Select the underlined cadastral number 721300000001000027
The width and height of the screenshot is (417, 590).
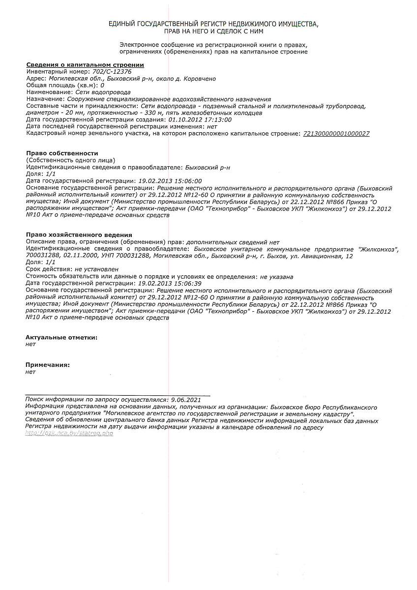(x=336, y=133)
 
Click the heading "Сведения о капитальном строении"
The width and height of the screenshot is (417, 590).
(x=85, y=64)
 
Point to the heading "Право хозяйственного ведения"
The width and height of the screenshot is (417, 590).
(x=79, y=235)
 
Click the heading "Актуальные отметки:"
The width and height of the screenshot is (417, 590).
(x=61, y=337)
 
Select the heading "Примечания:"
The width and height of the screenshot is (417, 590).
(x=48, y=365)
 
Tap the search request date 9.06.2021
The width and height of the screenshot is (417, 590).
(x=184, y=400)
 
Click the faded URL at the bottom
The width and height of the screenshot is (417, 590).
(x=69, y=434)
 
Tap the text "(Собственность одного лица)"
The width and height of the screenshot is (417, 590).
(x=70, y=160)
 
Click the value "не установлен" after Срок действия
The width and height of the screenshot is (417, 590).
(x=96, y=269)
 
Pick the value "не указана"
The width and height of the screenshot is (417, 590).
(x=277, y=276)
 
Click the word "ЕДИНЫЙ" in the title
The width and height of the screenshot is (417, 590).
(x=123, y=24)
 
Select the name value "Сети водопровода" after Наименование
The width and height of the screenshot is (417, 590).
(x=103, y=92)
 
